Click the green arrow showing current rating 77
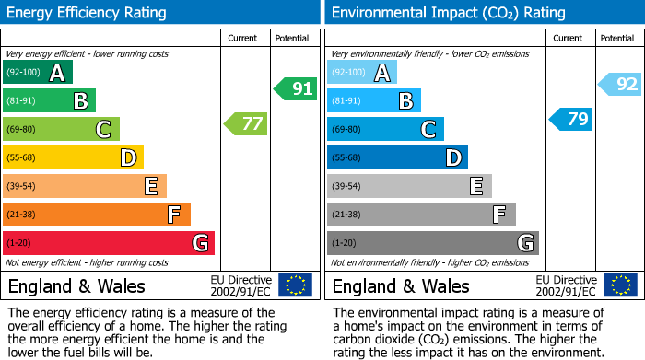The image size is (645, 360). (x=245, y=123)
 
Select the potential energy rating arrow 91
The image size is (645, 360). (x=295, y=89)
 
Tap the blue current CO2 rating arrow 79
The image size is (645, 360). (x=570, y=119)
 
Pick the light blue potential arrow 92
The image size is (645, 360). (x=619, y=85)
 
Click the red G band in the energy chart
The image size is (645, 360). (x=109, y=243)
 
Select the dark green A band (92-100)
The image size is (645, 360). (x=38, y=73)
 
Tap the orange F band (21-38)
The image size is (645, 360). (x=97, y=215)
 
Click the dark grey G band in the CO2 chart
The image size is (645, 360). (x=432, y=243)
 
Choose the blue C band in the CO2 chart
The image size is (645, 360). (x=385, y=129)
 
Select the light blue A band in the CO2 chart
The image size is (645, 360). (x=362, y=73)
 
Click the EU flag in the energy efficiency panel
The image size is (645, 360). (x=295, y=285)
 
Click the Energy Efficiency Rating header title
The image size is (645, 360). (x=88, y=13)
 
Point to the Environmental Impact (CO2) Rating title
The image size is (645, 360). (x=448, y=13)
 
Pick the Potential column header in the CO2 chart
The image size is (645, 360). (x=617, y=38)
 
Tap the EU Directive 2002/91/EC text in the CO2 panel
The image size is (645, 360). (x=567, y=285)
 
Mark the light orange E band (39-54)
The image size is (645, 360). (x=85, y=186)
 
